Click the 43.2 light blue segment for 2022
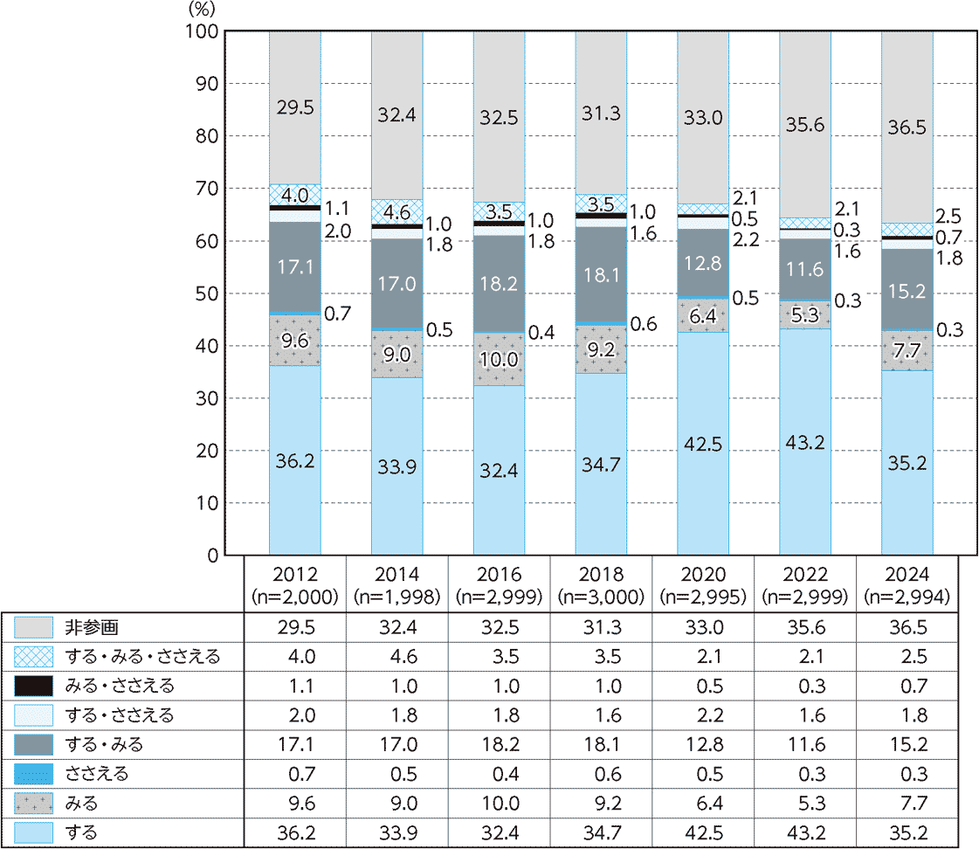click(x=805, y=441)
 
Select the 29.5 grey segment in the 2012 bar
click(x=294, y=107)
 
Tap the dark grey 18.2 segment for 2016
click(x=499, y=284)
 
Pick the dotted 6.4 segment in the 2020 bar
click(x=703, y=315)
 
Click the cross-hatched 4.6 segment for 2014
click(x=396, y=211)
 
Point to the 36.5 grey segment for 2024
click(x=907, y=128)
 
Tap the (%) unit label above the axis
click(x=201, y=10)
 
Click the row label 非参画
click(x=90, y=628)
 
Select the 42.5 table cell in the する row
click(x=703, y=833)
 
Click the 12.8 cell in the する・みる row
click(x=703, y=745)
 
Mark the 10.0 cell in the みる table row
click(x=499, y=804)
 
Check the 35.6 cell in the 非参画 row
click(x=805, y=628)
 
